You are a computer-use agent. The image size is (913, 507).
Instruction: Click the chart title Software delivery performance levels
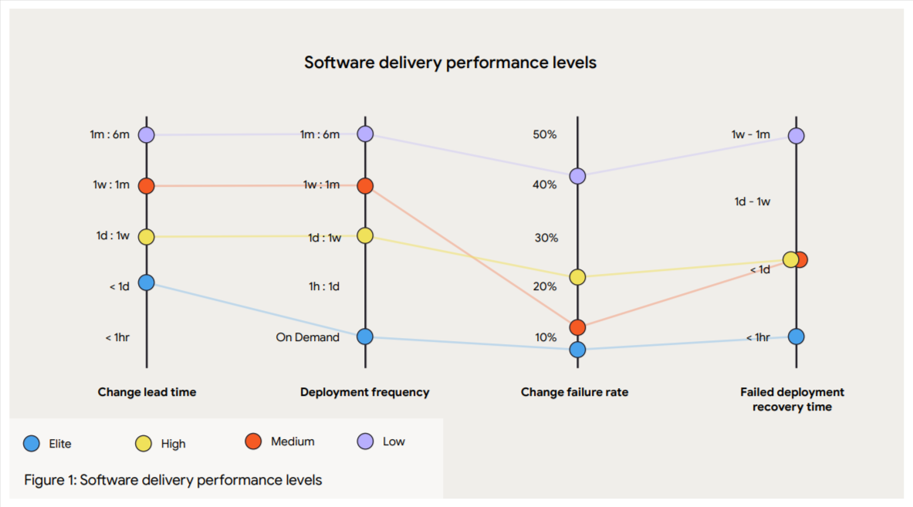(450, 63)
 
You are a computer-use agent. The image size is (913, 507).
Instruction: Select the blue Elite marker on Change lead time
(147, 282)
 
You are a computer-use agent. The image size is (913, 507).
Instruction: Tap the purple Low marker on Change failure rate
(577, 176)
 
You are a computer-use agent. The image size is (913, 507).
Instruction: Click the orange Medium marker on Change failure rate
(577, 328)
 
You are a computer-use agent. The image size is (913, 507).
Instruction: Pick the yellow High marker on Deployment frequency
(365, 235)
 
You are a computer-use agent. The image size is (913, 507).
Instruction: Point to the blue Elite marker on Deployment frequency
(365, 336)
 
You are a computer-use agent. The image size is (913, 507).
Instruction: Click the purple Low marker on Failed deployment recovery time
(796, 135)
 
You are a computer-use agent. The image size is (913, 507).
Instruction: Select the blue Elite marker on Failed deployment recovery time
(796, 336)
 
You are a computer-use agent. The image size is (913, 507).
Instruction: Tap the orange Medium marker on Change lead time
(147, 185)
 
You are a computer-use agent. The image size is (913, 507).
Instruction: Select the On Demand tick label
(307, 337)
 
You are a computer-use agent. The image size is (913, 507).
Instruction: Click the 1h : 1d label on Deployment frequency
(324, 286)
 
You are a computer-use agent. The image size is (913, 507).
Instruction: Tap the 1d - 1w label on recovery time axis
(752, 201)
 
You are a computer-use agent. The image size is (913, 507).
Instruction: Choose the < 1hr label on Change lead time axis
(117, 337)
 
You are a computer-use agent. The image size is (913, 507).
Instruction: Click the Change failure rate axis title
(574, 392)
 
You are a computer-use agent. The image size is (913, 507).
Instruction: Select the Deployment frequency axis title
(364, 392)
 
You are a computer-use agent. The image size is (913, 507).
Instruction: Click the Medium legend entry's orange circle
(253, 441)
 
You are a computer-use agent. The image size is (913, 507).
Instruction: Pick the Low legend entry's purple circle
(365, 441)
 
